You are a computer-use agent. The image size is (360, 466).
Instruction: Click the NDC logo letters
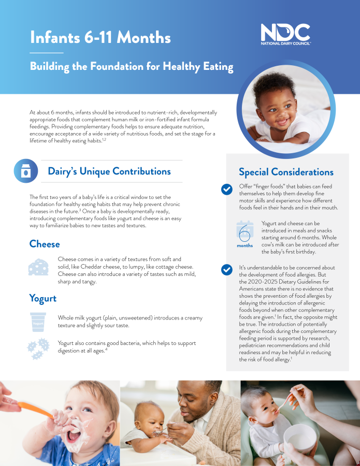[x=285, y=32]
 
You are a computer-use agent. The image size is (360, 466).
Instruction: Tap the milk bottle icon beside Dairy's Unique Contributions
[x=26, y=171]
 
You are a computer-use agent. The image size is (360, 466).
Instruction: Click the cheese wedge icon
[x=38, y=267]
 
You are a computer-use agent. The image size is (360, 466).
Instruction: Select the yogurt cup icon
[x=38, y=322]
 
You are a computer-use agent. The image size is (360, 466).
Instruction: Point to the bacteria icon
[x=38, y=348]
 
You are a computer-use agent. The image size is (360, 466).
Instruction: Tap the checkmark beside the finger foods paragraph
[x=227, y=190]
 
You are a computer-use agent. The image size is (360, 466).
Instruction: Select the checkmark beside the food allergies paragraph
[x=227, y=270]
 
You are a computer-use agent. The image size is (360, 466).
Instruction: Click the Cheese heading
[x=45, y=244]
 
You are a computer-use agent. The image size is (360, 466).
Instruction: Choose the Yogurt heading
[x=43, y=298]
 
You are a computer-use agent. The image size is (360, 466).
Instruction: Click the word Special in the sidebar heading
[x=254, y=172]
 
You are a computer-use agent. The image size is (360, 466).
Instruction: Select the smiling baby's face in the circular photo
[x=276, y=109]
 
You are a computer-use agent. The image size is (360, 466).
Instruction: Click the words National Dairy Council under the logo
[x=286, y=43]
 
